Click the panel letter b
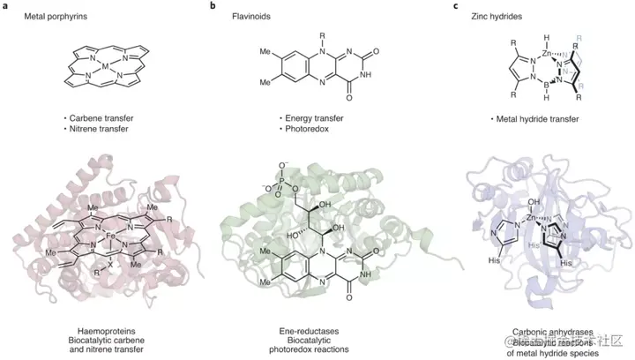point(213,7)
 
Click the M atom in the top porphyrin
point(106,65)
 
